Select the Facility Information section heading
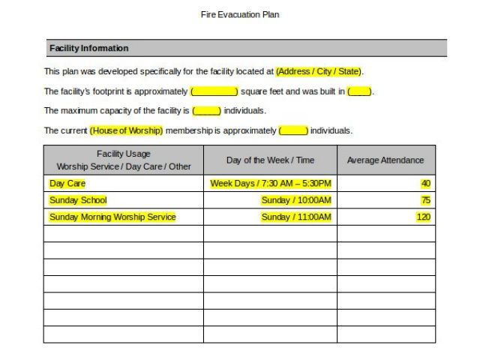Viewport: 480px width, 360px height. [x=88, y=48]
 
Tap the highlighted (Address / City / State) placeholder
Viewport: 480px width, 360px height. [x=319, y=72]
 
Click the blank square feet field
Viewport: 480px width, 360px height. [x=214, y=91]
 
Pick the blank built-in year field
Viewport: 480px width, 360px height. [x=359, y=91]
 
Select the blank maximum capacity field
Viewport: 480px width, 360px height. [x=206, y=111]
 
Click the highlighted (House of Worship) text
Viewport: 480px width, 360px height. [x=126, y=130]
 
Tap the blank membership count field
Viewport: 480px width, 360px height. [x=293, y=130]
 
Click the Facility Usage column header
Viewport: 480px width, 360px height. [x=124, y=160]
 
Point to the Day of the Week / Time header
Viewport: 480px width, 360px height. [x=270, y=160]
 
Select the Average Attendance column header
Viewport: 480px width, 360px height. [x=385, y=160]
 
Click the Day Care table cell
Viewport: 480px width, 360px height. [x=67, y=183]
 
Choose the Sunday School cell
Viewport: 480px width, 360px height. [x=78, y=200]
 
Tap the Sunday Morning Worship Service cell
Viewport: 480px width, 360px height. [x=112, y=217]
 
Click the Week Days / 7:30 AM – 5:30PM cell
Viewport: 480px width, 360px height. [x=270, y=183]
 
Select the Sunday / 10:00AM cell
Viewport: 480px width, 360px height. [x=295, y=200]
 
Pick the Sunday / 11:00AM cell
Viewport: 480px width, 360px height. [x=295, y=217]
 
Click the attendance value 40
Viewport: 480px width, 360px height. [x=425, y=183]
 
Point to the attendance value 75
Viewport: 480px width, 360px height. [x=425, y=200]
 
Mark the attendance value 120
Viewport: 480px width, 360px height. [x=423, y=217]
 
